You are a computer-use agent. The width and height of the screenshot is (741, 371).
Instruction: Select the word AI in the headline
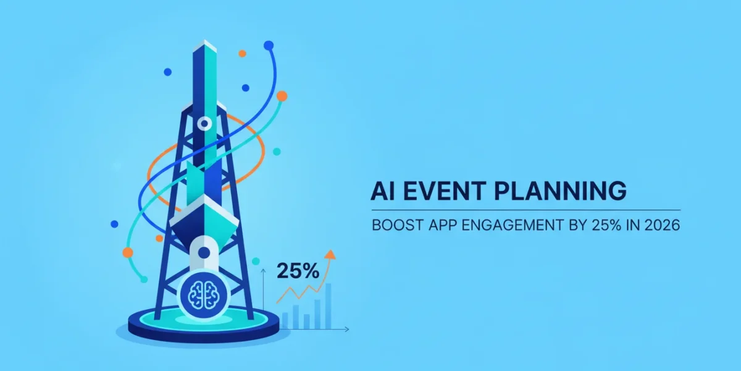(x=382, y=191)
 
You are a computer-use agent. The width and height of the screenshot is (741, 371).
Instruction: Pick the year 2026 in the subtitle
(x=662, y=225)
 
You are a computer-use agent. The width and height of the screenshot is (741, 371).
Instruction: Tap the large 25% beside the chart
(x=298, y=271)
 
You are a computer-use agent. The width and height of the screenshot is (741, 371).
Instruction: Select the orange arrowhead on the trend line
(x=330, y=254)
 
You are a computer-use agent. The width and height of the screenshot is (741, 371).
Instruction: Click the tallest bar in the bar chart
(x=328, y=306)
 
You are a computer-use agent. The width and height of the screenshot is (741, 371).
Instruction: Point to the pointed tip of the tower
(x=205, y=40)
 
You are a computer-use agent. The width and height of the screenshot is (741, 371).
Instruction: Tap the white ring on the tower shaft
(x=204, y=124)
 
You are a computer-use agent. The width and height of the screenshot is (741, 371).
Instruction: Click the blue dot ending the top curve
(x=269, y=45)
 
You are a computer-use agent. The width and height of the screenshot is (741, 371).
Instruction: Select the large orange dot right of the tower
(x=282, y=96)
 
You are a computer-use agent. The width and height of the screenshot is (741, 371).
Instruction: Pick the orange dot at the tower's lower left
(x=128, y=253)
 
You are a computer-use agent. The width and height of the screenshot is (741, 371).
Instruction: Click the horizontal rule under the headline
(x=526, y=210)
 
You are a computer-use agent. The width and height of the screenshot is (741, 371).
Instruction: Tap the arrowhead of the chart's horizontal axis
(x=346, y=329)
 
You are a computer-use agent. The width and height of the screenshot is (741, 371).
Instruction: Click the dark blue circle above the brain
(x=204, y=253)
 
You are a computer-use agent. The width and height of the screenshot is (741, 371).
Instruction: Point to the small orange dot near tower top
(x=243, y=53)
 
